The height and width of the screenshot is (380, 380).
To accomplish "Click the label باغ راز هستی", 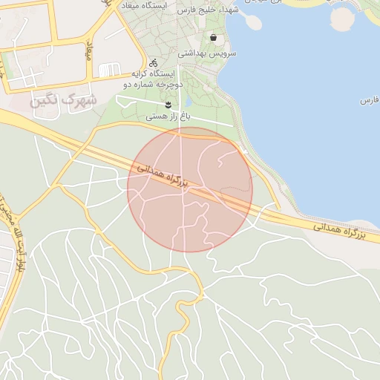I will pyautogui.click(x=168, y=117).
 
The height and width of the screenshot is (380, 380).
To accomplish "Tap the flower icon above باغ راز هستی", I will pyautogui.click(x=168, y=105).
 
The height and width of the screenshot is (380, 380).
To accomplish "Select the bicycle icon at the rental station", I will pyautogui.click(x=153, y=63).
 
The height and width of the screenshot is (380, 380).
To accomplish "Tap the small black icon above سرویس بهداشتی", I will pyautogui.click(x=214, y=37).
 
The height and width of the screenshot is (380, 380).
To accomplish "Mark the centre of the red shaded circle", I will pyautogui.click(x=190, y=189).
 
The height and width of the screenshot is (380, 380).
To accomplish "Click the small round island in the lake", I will pyautogui.click(x=341, y=18).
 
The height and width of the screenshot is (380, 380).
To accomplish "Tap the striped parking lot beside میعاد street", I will pyautogui.click(x=109, y=71).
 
